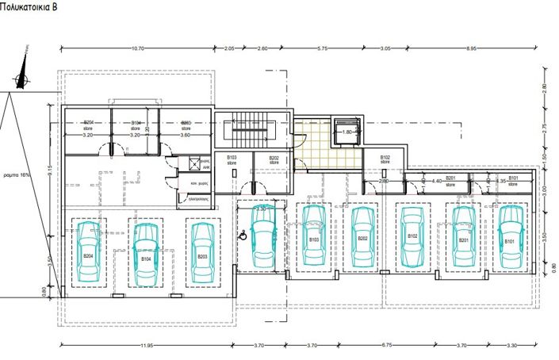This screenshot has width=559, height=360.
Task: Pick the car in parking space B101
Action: click(x=509, y=236)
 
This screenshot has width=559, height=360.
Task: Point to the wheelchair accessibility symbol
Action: click(x=244, y=233)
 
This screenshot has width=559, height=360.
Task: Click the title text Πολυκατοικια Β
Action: click(x=33, y=7)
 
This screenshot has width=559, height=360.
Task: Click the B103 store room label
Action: click(x=232, y=159)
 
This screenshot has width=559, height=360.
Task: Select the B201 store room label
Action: click(x=450, y=181)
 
